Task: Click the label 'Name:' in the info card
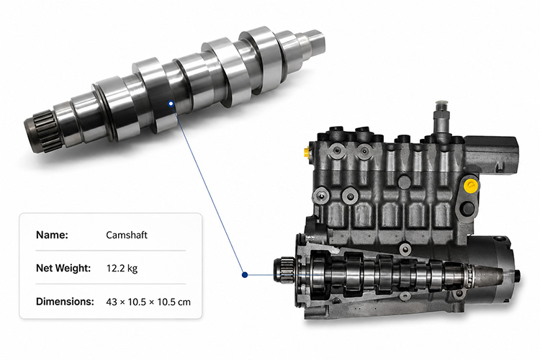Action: point(52,235)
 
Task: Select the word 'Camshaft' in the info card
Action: point(127,235)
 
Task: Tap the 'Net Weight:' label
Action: point(63,268)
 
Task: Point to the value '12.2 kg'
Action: point(122,268)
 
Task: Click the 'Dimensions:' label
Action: point(65,302)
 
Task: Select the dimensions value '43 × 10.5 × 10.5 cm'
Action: point(148,302)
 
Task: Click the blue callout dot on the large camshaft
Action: point(171,104)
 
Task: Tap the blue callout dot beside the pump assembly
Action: point(245,275)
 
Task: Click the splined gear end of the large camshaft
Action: point(42,132)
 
